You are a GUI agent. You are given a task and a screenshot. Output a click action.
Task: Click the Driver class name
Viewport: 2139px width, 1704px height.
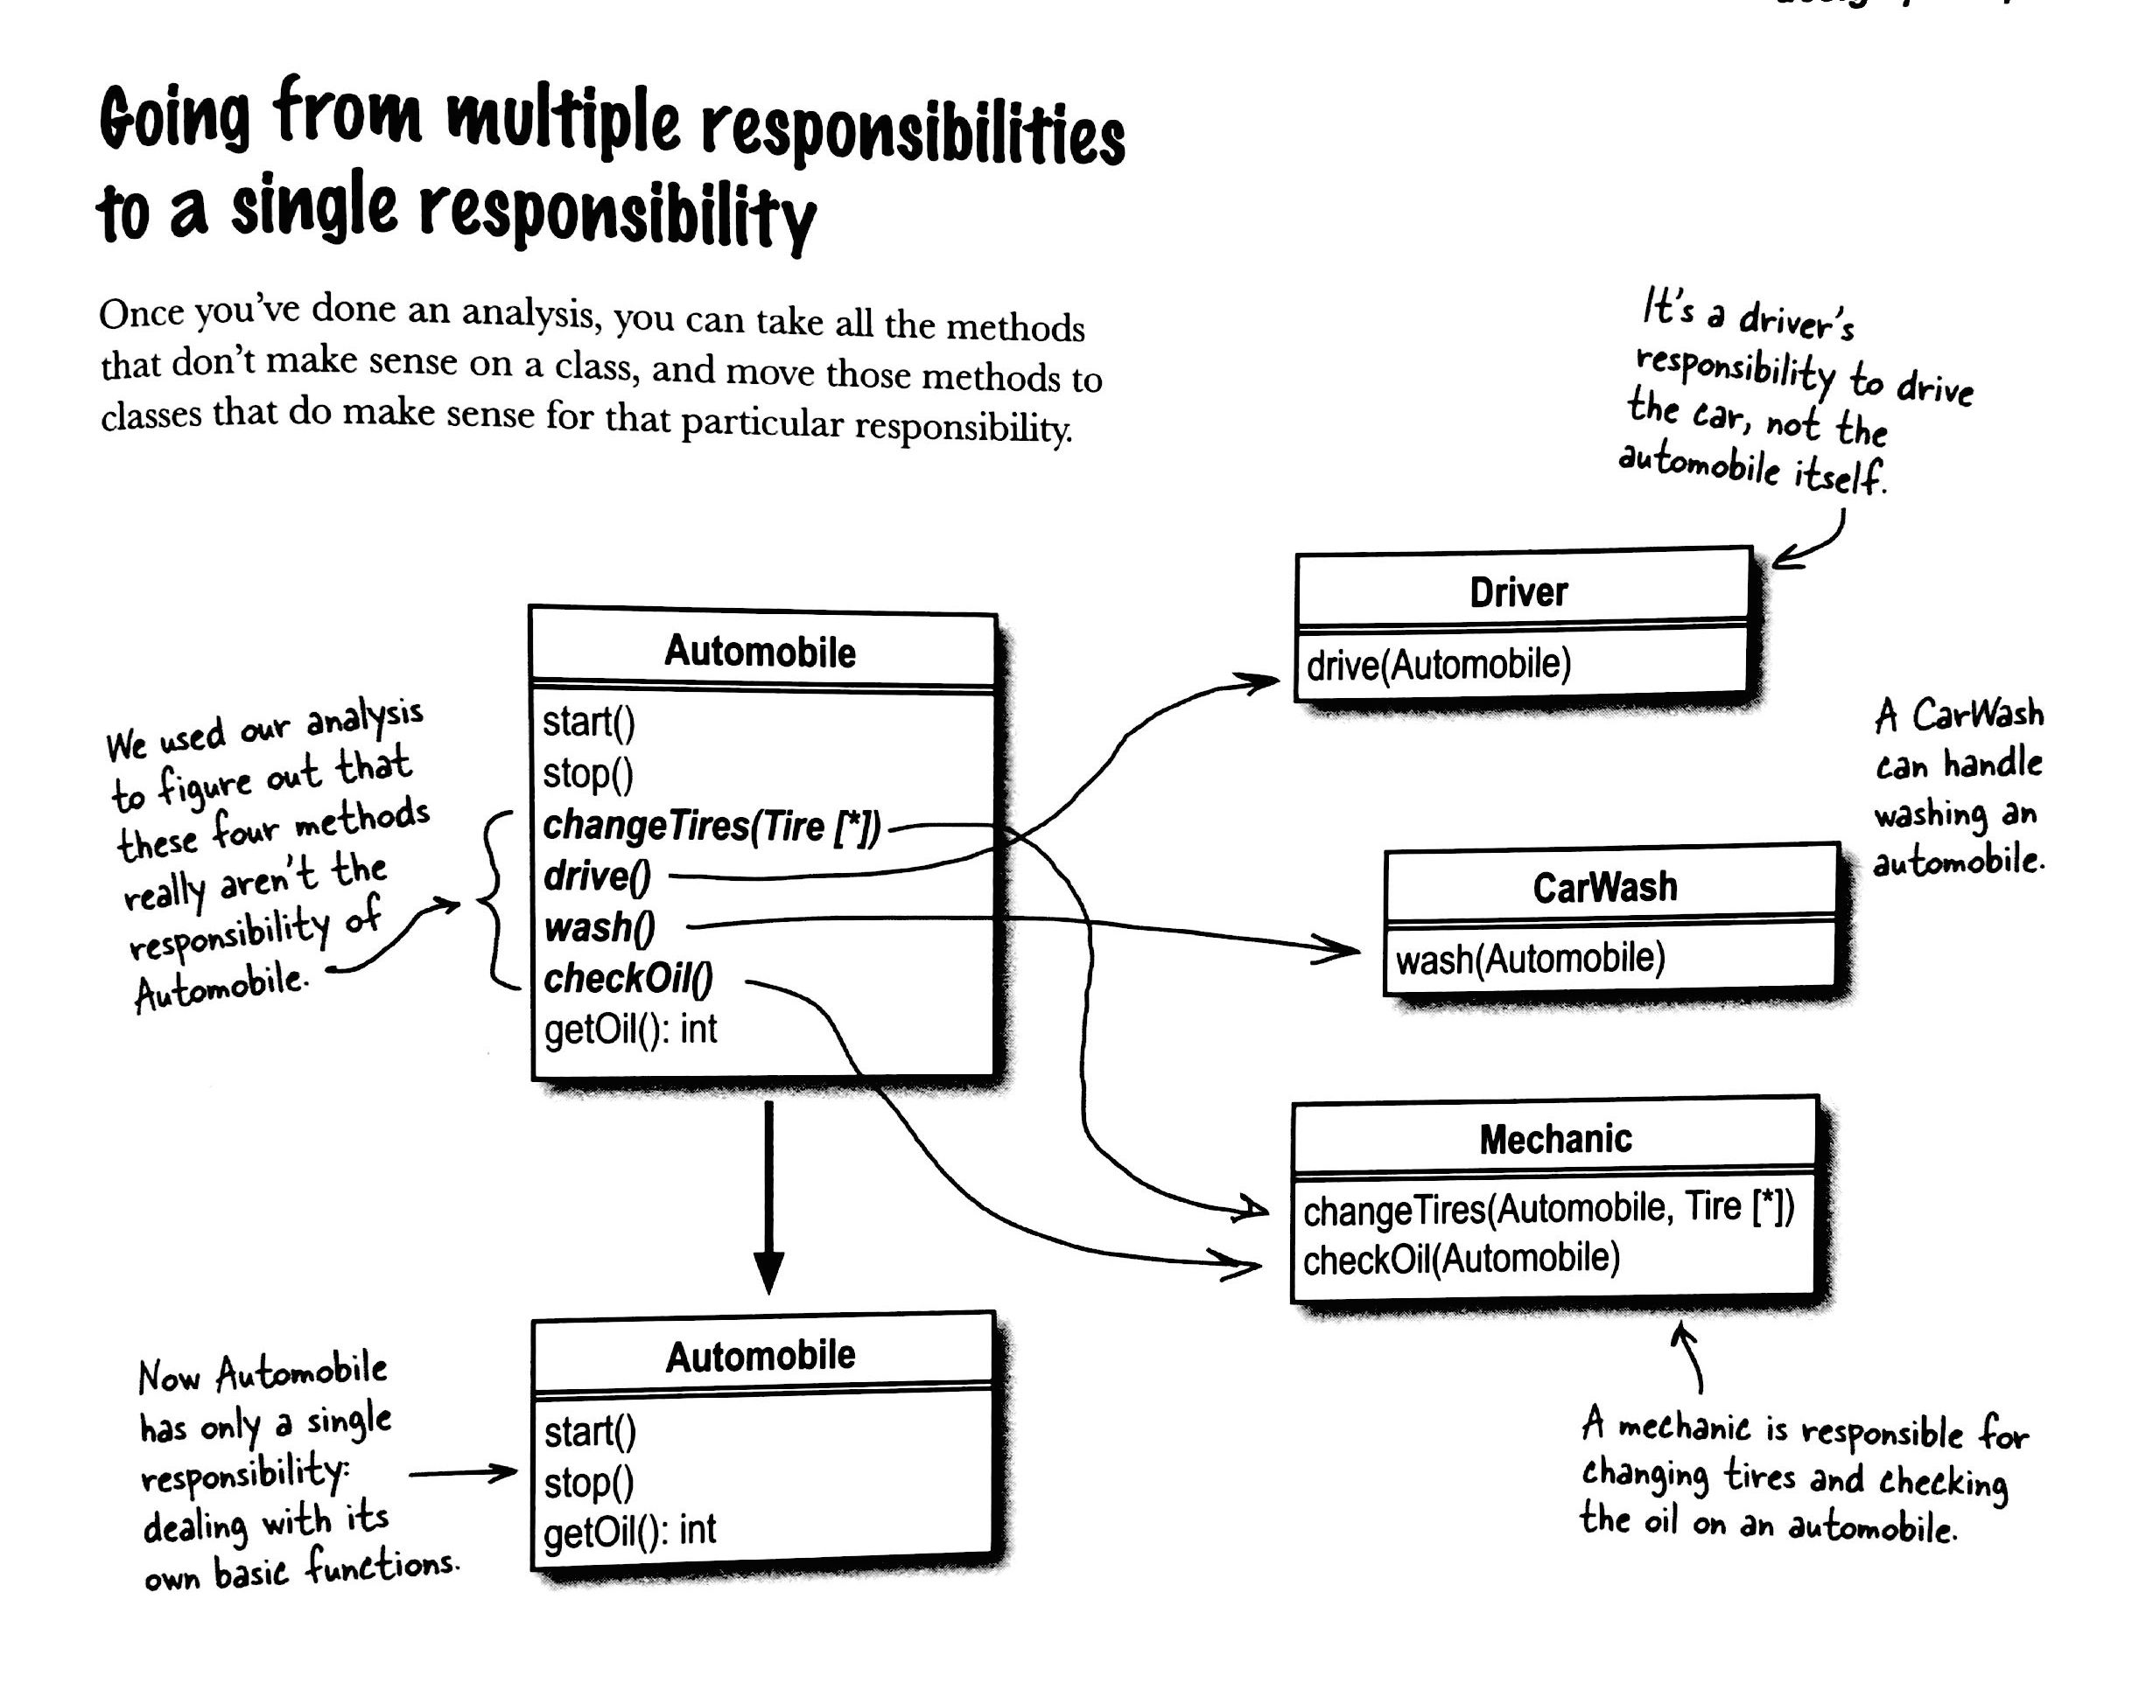pyautogui.click(x=1518, y=592)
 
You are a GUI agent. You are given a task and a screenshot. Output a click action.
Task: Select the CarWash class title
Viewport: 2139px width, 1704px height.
pyautogui.click(x=1604, y=887)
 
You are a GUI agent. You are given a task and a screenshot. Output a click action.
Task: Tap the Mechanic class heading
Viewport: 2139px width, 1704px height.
pyautogui.click(x=1554, y=1139)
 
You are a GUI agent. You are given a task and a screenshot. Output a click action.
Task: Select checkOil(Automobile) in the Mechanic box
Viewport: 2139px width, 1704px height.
pyautogui.click(x=1461, y=1260)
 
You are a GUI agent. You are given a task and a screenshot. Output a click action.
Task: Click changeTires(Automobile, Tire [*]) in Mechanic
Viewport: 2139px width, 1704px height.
pyautogui.click(x=1547, y=1208)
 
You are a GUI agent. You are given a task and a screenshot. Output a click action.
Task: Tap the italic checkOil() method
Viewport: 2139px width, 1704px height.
pyautogui.click(x=628, y=979)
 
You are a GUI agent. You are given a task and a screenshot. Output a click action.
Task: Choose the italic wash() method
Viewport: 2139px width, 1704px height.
pyautogui.click(x=600, y=927)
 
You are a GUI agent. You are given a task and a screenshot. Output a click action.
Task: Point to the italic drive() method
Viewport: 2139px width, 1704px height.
pyautogui.click(x=597, y=876)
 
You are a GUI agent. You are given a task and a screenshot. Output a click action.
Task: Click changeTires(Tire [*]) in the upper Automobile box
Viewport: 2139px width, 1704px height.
pyautogui.click(x=712, y=825)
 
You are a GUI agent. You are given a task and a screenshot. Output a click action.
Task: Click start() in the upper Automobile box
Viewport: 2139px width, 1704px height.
pyautogui.click(x=588, y=722)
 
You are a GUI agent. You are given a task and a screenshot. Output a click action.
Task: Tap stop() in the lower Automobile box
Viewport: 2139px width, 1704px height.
pyautogui.click(x=588, y=1483)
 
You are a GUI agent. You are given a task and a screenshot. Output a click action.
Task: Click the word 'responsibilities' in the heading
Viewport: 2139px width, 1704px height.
pyautogui.click(x=913, y=136)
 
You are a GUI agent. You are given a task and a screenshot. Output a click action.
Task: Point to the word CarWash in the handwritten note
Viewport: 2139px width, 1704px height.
pyautogui.click(x=1977, y=714)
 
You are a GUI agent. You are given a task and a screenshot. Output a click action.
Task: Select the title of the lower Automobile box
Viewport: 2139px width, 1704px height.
pyautogui.click(x=760, y=1356)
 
